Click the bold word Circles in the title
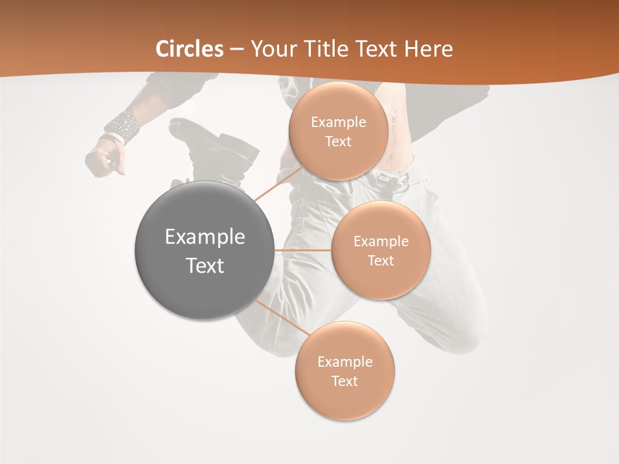point(190,49)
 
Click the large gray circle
point(204,250)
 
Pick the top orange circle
point(338,131)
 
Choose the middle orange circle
point(380,250)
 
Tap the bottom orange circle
point(344,371)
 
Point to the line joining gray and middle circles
point(303,250)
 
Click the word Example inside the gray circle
point(204,237)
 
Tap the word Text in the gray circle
point(204,266)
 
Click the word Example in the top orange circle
point(338,122)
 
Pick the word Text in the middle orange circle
point(380,260)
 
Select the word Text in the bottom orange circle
point(344,381)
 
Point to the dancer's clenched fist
point(105,158)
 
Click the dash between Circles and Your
point(236,49)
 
